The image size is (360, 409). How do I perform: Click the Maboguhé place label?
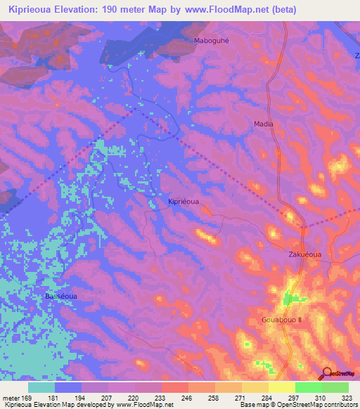point(212,41)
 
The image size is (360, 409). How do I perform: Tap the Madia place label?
point(264,124)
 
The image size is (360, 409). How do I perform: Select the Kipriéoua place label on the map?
point(184,201)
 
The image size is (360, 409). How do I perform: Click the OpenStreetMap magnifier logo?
point(326,373)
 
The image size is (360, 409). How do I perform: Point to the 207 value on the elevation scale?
point(108,397)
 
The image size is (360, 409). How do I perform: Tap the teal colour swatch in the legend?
point(41,387)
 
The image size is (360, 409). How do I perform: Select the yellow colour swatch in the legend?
point(282,387)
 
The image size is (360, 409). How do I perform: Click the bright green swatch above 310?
point(309,387)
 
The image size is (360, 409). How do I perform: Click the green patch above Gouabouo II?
point(290,299)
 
